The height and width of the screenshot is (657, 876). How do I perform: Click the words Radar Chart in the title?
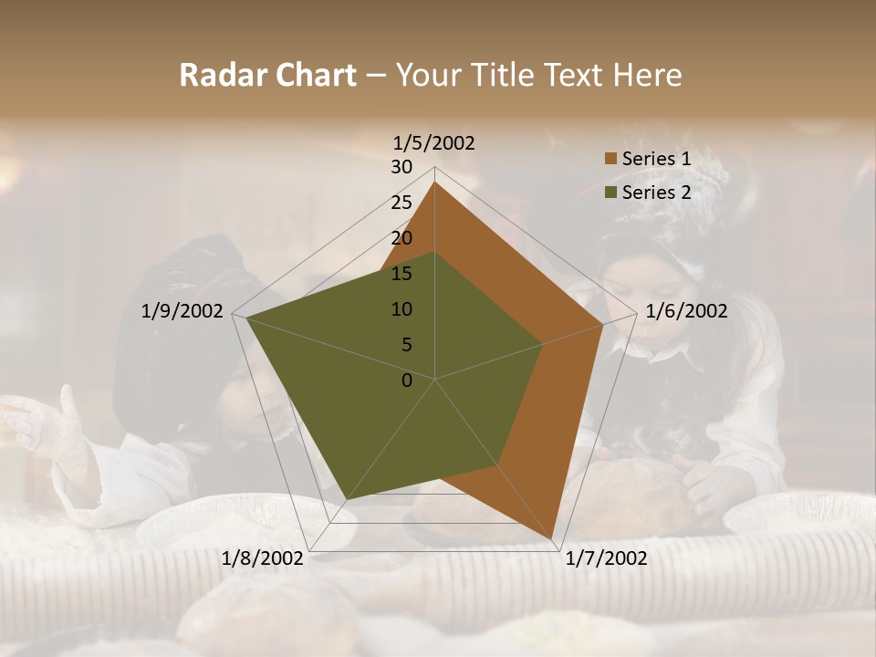point(267,75)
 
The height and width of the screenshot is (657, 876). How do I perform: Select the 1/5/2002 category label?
point(434,142)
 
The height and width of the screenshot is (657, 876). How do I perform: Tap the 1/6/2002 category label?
point(686,311)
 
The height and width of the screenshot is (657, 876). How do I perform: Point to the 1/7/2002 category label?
point(606,558)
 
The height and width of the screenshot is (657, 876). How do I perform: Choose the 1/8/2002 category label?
point(263,558)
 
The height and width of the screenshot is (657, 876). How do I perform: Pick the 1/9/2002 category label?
point(182,311)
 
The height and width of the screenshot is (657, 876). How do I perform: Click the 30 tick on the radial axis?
point(401,167)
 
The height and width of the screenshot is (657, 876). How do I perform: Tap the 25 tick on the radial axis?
point(401,203)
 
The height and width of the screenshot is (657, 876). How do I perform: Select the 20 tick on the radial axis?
point(401,238)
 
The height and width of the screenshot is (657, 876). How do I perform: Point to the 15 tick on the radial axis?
point(401,274)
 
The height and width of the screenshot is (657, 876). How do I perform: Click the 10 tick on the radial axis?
point(401,309)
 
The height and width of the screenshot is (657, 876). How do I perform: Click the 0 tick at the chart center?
point(407,381)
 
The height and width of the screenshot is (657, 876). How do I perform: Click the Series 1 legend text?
point(655,159)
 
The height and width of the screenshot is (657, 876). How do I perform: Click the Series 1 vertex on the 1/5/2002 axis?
point(435,182)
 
